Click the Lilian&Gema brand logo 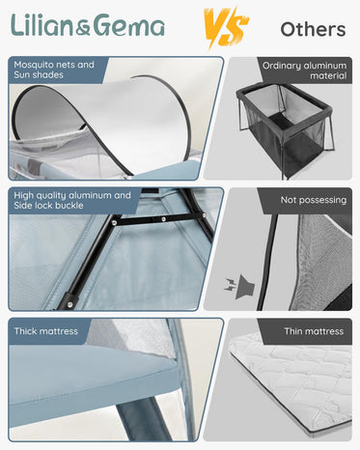coord(88,25)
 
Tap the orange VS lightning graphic coord(226,28)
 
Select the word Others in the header coord(313,29)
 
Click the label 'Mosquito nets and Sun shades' coord(54,70)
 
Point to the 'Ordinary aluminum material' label coord(304,70)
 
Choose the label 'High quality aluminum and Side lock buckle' coord(72,200)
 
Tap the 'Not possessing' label coord(314,200)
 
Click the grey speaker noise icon coord(240,287)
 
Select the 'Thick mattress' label coord(46,331)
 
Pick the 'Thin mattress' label coord(314,331)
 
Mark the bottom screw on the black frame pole coord(69,303)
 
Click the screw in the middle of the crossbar coord(163,219)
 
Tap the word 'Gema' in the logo coord(127,25)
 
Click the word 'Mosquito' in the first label coord(35,65)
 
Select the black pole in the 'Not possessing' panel coord(266,261)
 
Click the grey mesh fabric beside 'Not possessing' coord(321,261)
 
